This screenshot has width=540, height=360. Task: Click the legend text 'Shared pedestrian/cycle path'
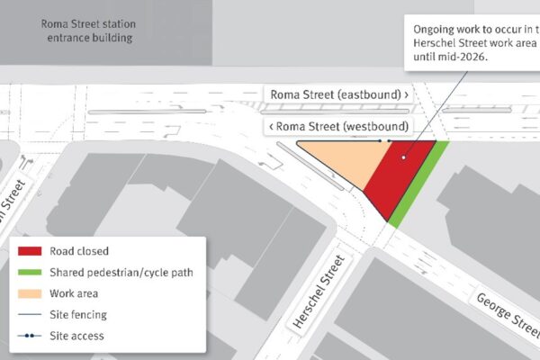point(121,273)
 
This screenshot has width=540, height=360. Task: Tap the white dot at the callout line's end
point(404,157)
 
